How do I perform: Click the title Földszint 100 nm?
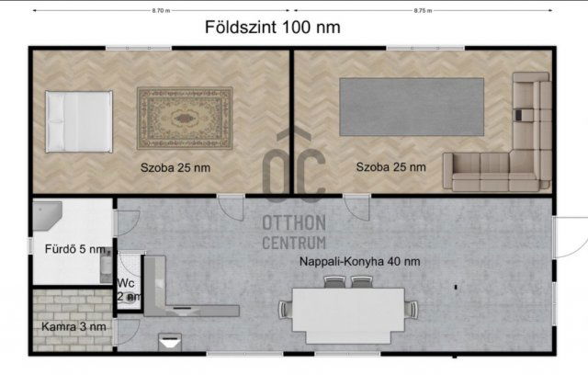[x=272, y=28]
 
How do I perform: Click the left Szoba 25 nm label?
[x=175, y=167]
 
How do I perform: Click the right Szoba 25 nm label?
[x=391, y=167]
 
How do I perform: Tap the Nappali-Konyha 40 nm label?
[x=360, y=262]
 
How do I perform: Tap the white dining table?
[x=347, y=312]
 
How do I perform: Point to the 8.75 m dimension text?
[x=423, y=11]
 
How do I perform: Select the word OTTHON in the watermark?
[x=294, y=223]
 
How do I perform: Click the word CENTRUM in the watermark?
[x=294, y=243]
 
